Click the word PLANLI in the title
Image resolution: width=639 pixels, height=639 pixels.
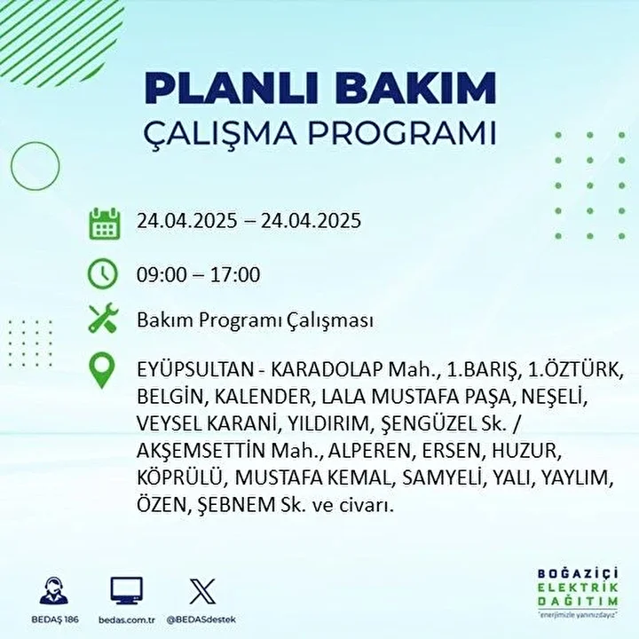231,88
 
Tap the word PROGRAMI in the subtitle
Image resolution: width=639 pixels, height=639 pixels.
401,132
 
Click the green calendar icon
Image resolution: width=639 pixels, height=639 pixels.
105,223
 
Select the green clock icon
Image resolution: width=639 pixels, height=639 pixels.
103,273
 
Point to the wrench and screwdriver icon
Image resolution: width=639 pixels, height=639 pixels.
103,318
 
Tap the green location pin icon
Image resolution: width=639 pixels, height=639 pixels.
102,370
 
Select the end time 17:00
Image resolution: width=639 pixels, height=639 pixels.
235,274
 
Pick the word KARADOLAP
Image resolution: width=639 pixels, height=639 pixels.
327,369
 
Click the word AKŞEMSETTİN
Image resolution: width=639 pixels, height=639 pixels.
201,450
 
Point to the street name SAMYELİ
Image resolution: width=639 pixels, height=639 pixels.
442,478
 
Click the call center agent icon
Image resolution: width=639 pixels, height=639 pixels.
54,590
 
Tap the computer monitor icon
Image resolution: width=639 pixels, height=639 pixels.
127,590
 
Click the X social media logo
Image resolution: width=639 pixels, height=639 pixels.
202,591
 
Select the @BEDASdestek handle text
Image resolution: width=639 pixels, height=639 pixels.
201,619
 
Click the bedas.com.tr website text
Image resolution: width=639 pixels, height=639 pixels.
127,620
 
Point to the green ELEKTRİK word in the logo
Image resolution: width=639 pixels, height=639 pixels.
578,588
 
